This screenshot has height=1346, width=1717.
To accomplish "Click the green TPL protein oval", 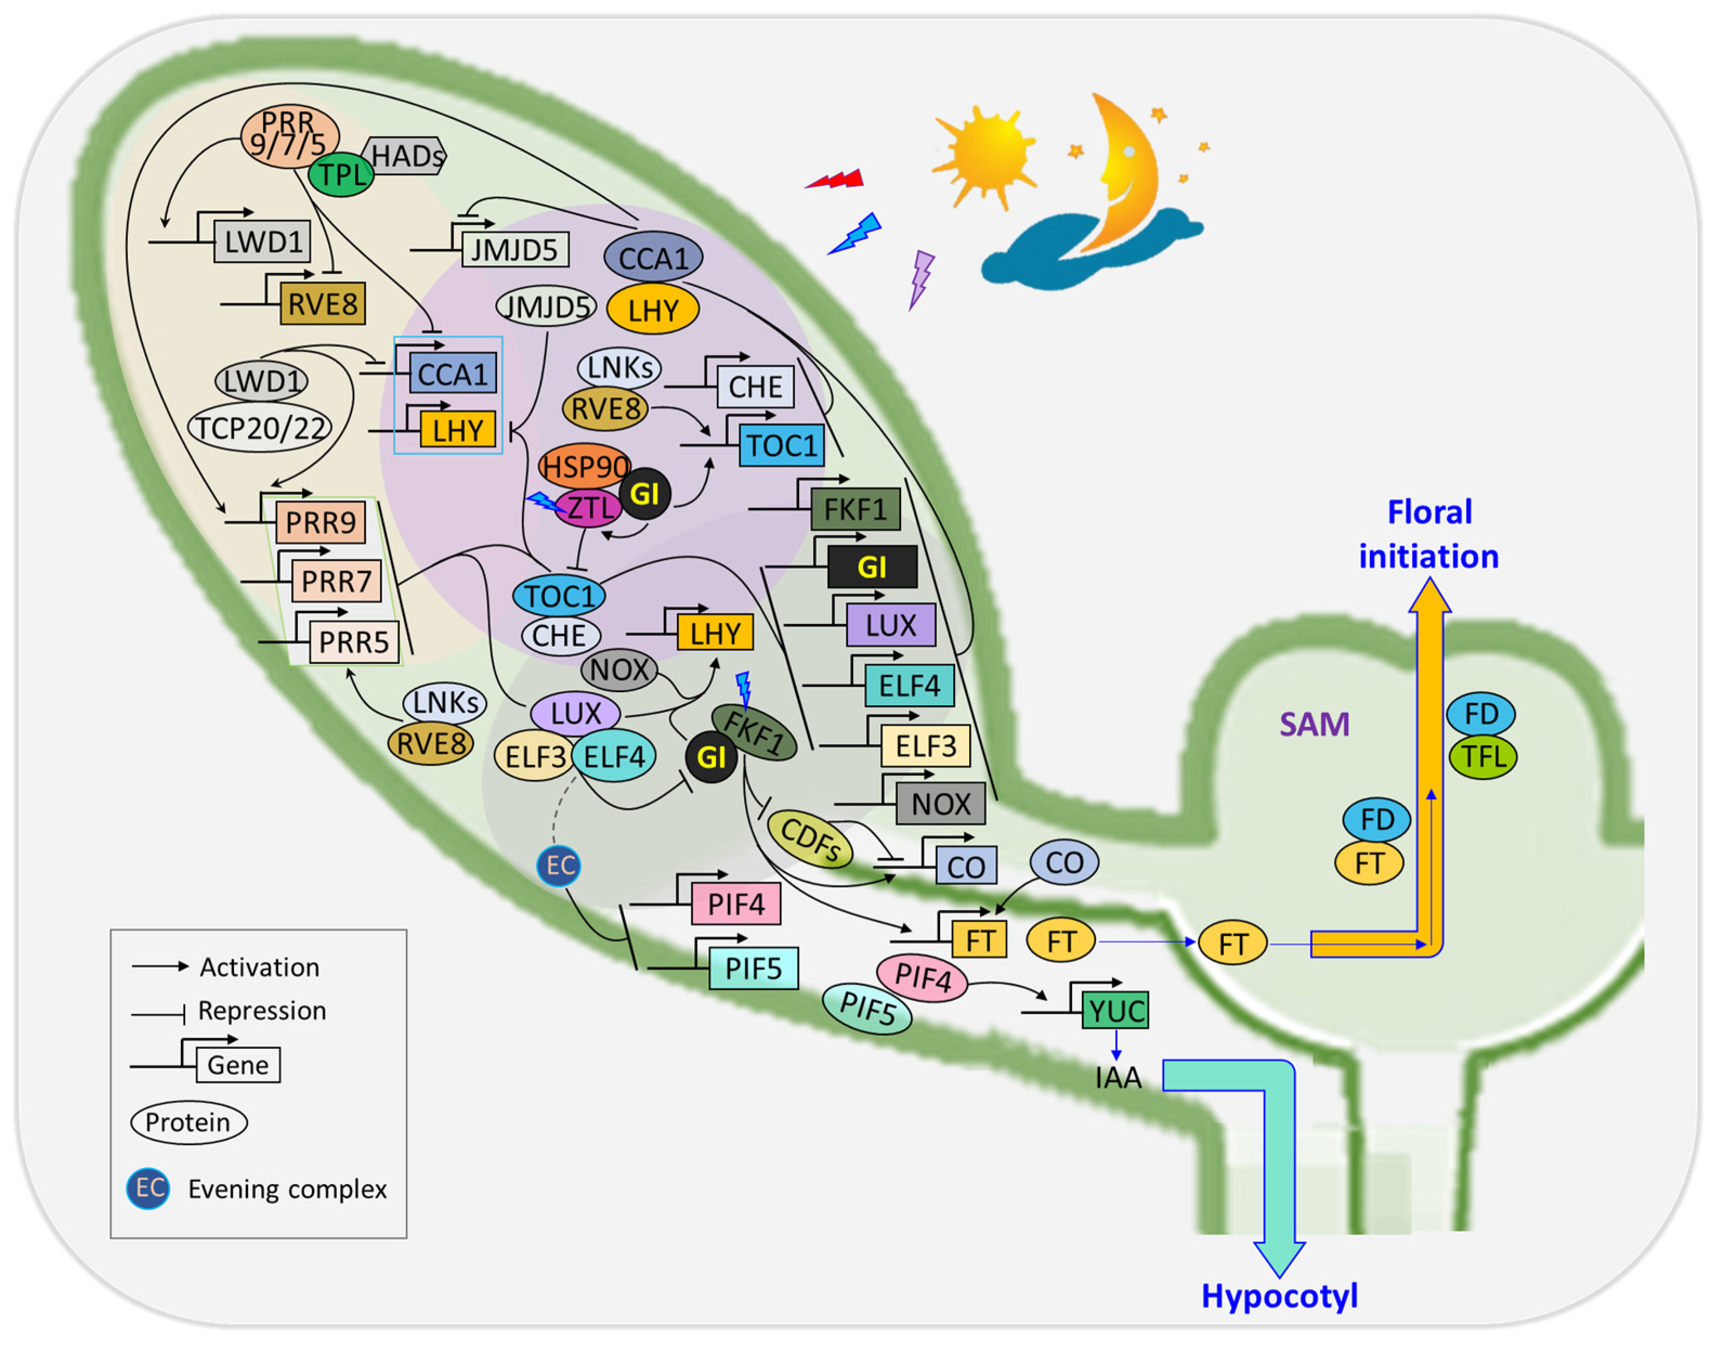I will (341, 174).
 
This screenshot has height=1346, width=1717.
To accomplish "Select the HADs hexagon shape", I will (407, 156).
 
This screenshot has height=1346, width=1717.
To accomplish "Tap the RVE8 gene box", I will (322, 304).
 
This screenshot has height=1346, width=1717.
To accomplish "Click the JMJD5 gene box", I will (514, 250).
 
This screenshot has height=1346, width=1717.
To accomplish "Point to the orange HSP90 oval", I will (584, 467).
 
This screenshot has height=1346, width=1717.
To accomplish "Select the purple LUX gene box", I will (891, 625).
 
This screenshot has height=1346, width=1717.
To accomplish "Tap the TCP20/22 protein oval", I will (260, 428).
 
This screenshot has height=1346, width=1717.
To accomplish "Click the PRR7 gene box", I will (336, 581).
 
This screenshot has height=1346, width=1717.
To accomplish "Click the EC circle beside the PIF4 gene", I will (559, 865).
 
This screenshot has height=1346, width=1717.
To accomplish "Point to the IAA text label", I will (1118, 1077).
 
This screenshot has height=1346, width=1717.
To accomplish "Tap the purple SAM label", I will (1314, 724).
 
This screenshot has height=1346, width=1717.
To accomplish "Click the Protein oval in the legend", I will (188, 1122).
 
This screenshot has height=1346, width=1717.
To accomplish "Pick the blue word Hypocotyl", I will (1279, 1296).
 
